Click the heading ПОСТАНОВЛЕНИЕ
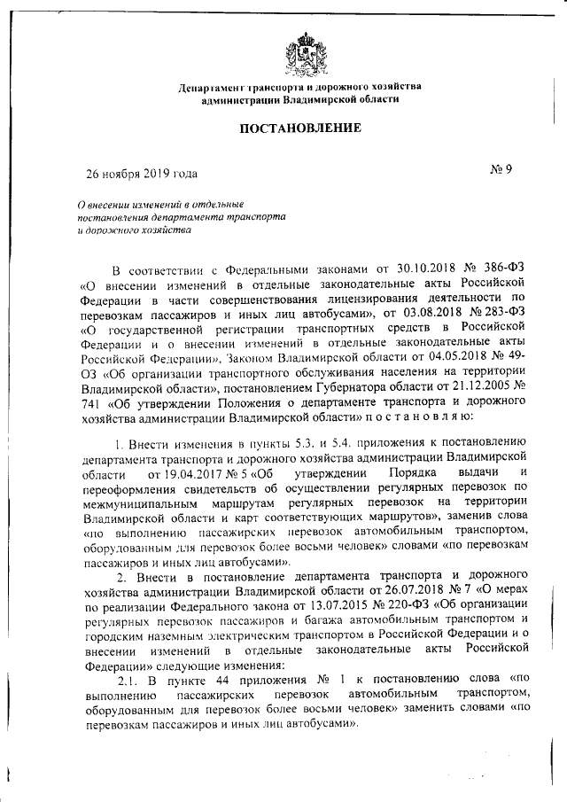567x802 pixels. click(x=299, y=128)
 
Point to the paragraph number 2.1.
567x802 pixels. click(x=129, y=681)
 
